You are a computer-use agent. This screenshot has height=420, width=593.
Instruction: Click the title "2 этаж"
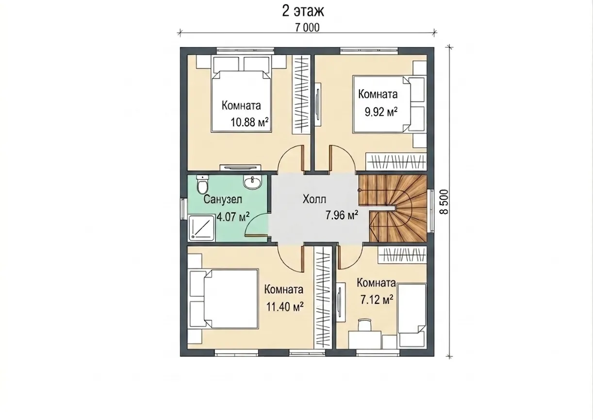(x=303, y=11)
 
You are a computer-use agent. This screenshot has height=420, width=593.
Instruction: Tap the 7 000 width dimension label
(x=307, y=28)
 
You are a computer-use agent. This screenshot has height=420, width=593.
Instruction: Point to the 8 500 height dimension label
(x=444, y=202)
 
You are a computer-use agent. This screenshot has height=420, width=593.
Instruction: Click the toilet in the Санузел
(x=202, y=184)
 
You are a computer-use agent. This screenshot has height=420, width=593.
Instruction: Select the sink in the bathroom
(x=252, y=182)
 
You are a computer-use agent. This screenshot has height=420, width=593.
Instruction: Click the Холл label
(x=314, y=199)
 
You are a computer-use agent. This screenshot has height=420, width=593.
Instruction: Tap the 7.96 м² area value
(x=342, y=215)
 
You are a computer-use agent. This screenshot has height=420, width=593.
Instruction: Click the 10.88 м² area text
(x=249, y=122)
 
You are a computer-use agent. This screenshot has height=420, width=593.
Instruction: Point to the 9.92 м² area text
(x=381, y=112)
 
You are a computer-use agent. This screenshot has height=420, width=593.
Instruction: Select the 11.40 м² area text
(x=284, y=307)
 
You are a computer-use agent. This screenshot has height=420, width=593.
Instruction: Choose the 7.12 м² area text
(x=377, y=300)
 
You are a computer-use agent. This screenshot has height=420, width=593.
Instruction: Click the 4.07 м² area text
(x=233, y=217)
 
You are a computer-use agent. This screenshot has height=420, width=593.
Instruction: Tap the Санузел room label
(x=223, y=200)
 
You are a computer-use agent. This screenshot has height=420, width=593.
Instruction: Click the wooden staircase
(x=393, y=208)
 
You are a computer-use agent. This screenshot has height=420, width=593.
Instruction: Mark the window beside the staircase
(x=432, y=210)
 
